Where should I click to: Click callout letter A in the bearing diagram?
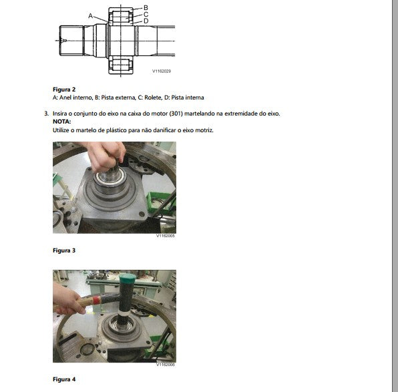point(90,16)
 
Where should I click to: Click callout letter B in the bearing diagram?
point(146,7)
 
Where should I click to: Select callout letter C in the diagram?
point(146,15)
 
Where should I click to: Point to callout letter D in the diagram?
point(146,21)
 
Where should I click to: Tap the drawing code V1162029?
point(162,71)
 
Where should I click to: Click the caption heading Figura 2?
point(64,89)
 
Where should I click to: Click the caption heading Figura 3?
point(64,250)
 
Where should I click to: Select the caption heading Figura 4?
point(64,379)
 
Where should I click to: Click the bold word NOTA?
point(61,122)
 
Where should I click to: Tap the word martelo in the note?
point(85,130)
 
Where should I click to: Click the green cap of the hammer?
point(128,278)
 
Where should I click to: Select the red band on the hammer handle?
point(96,301)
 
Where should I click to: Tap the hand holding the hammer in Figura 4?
point(68,301)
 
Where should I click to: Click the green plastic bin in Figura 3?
point(160,200)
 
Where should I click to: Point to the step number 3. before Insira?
point(47,114)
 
